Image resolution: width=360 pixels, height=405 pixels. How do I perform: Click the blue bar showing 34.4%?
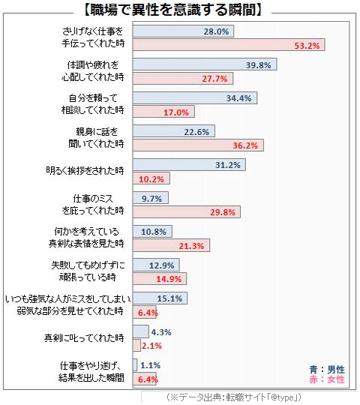(195, 98)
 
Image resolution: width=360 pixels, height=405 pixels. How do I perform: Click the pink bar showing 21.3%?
(171, 245)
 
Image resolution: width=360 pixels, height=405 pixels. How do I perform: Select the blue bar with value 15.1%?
(160, 298)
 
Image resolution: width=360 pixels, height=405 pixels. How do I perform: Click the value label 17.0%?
(177, 112)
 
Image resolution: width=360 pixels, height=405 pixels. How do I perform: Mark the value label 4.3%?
(161, 331)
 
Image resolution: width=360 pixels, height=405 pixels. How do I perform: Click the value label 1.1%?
(150, 365)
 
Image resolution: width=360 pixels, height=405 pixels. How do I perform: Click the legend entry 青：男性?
(326, 369)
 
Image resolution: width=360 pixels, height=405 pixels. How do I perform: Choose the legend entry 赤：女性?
(326, 379)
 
